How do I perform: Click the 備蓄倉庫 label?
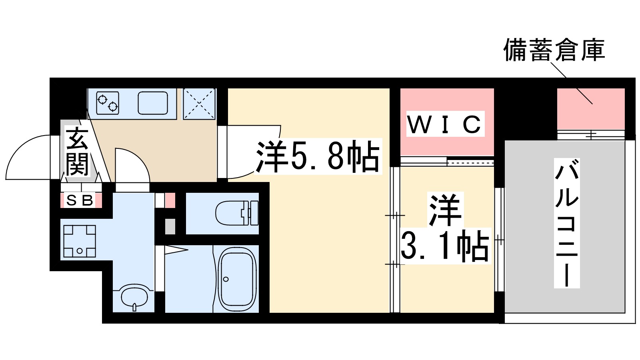(x=554, y=50)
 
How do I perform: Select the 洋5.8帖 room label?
(x=318, y=156)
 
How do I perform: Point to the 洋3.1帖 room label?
(x=445, y=228)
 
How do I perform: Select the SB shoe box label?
(x=80, y=200)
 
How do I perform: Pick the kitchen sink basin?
(x=152, y=103)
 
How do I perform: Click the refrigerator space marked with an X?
(x=199, y=103)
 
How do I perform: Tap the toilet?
(x=236, y=212)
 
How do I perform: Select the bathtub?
(x=237, y=279)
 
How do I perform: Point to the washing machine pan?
(x=80, y=241)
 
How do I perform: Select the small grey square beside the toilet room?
(x=170, y=227)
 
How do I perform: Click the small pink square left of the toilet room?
(x=170, y=200)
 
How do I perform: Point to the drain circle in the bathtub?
(x=226, y=279)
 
